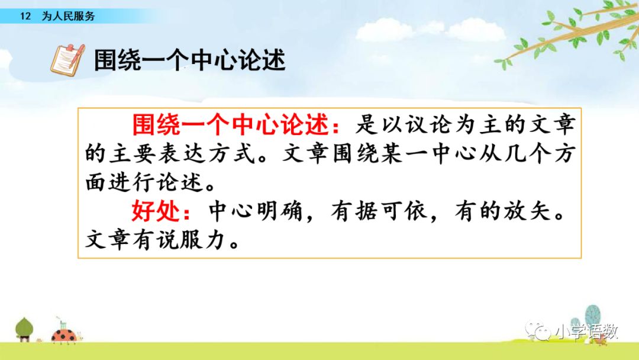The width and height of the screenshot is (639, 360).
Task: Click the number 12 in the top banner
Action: click(25, 17)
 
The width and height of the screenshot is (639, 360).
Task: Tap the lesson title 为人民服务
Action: click(69, 17)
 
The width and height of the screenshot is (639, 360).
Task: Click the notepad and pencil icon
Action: click(67, 60)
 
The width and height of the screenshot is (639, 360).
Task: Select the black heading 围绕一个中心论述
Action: click(189, 60)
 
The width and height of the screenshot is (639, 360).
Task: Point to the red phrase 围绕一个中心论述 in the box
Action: click(231, 124)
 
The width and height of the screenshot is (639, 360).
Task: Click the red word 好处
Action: click(156, 211)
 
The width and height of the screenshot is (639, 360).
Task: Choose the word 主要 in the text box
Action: click(133, 154)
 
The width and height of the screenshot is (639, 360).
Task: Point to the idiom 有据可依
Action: click(379, 211)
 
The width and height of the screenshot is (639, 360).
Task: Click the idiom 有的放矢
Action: click(504, 211)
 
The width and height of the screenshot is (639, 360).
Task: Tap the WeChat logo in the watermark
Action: click(539, 331)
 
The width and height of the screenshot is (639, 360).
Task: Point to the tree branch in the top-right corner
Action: click(570, 35)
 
